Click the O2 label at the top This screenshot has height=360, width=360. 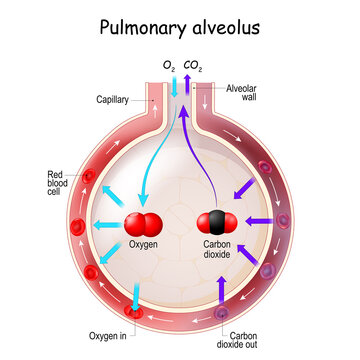[x=168, y=67]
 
